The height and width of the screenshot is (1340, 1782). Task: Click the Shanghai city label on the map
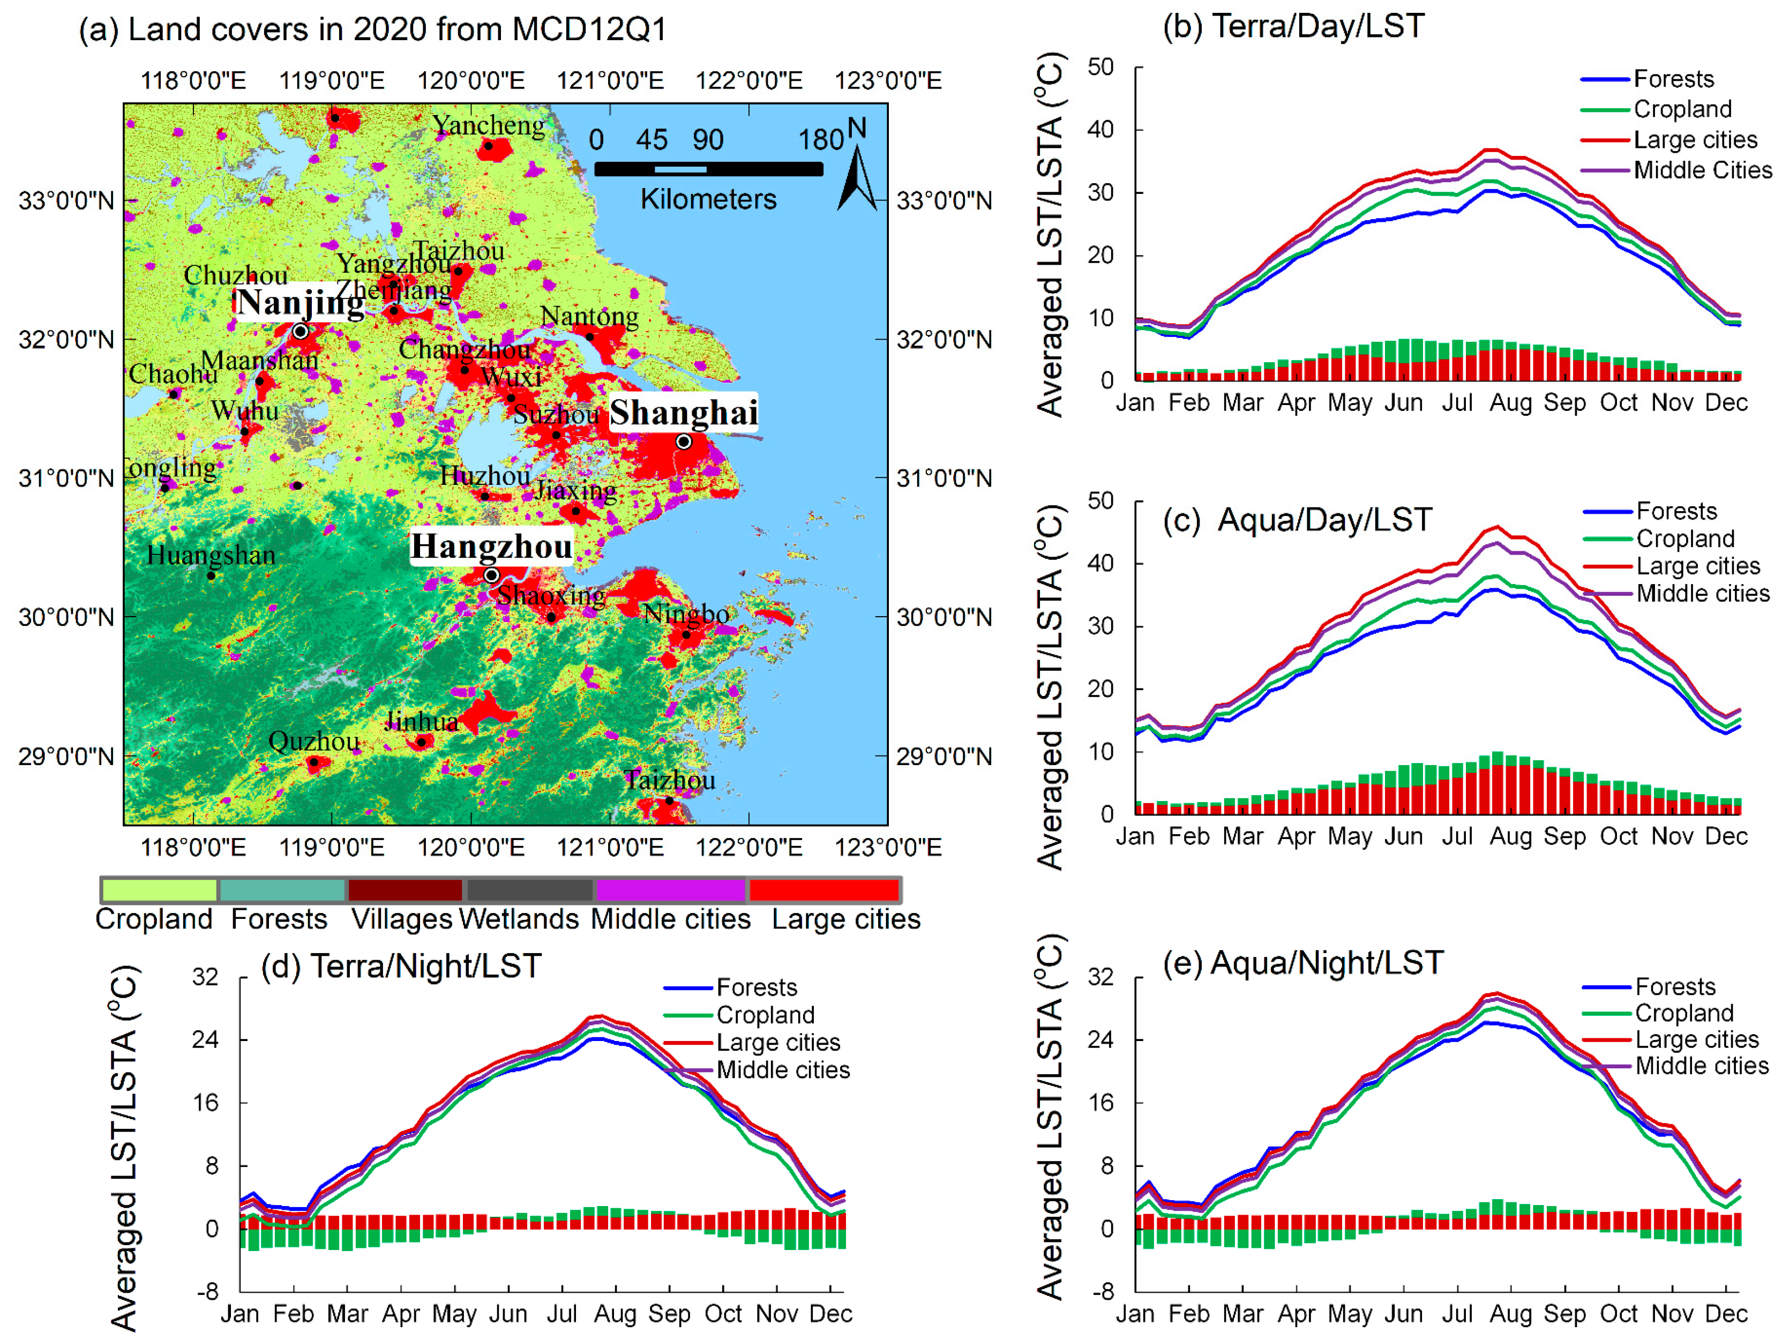(x=683, y=413)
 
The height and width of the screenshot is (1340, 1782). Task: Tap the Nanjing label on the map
(x=300, y=302)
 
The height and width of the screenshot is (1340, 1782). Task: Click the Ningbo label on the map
(x=686, y=614)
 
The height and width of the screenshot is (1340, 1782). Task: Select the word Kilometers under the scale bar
(x=708, y=199)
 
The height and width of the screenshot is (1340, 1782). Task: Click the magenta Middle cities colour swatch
(x=670, y=889)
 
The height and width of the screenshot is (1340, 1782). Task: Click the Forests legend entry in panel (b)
(x=1673, y=79)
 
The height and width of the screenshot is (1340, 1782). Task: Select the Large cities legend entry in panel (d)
(x=777, y=1042)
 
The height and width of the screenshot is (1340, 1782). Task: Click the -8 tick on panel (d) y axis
(x=208, y=1291)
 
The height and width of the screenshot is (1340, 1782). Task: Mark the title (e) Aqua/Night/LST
(x=1302, y=963)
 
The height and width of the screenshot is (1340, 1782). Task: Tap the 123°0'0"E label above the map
(x=888, y=80)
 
